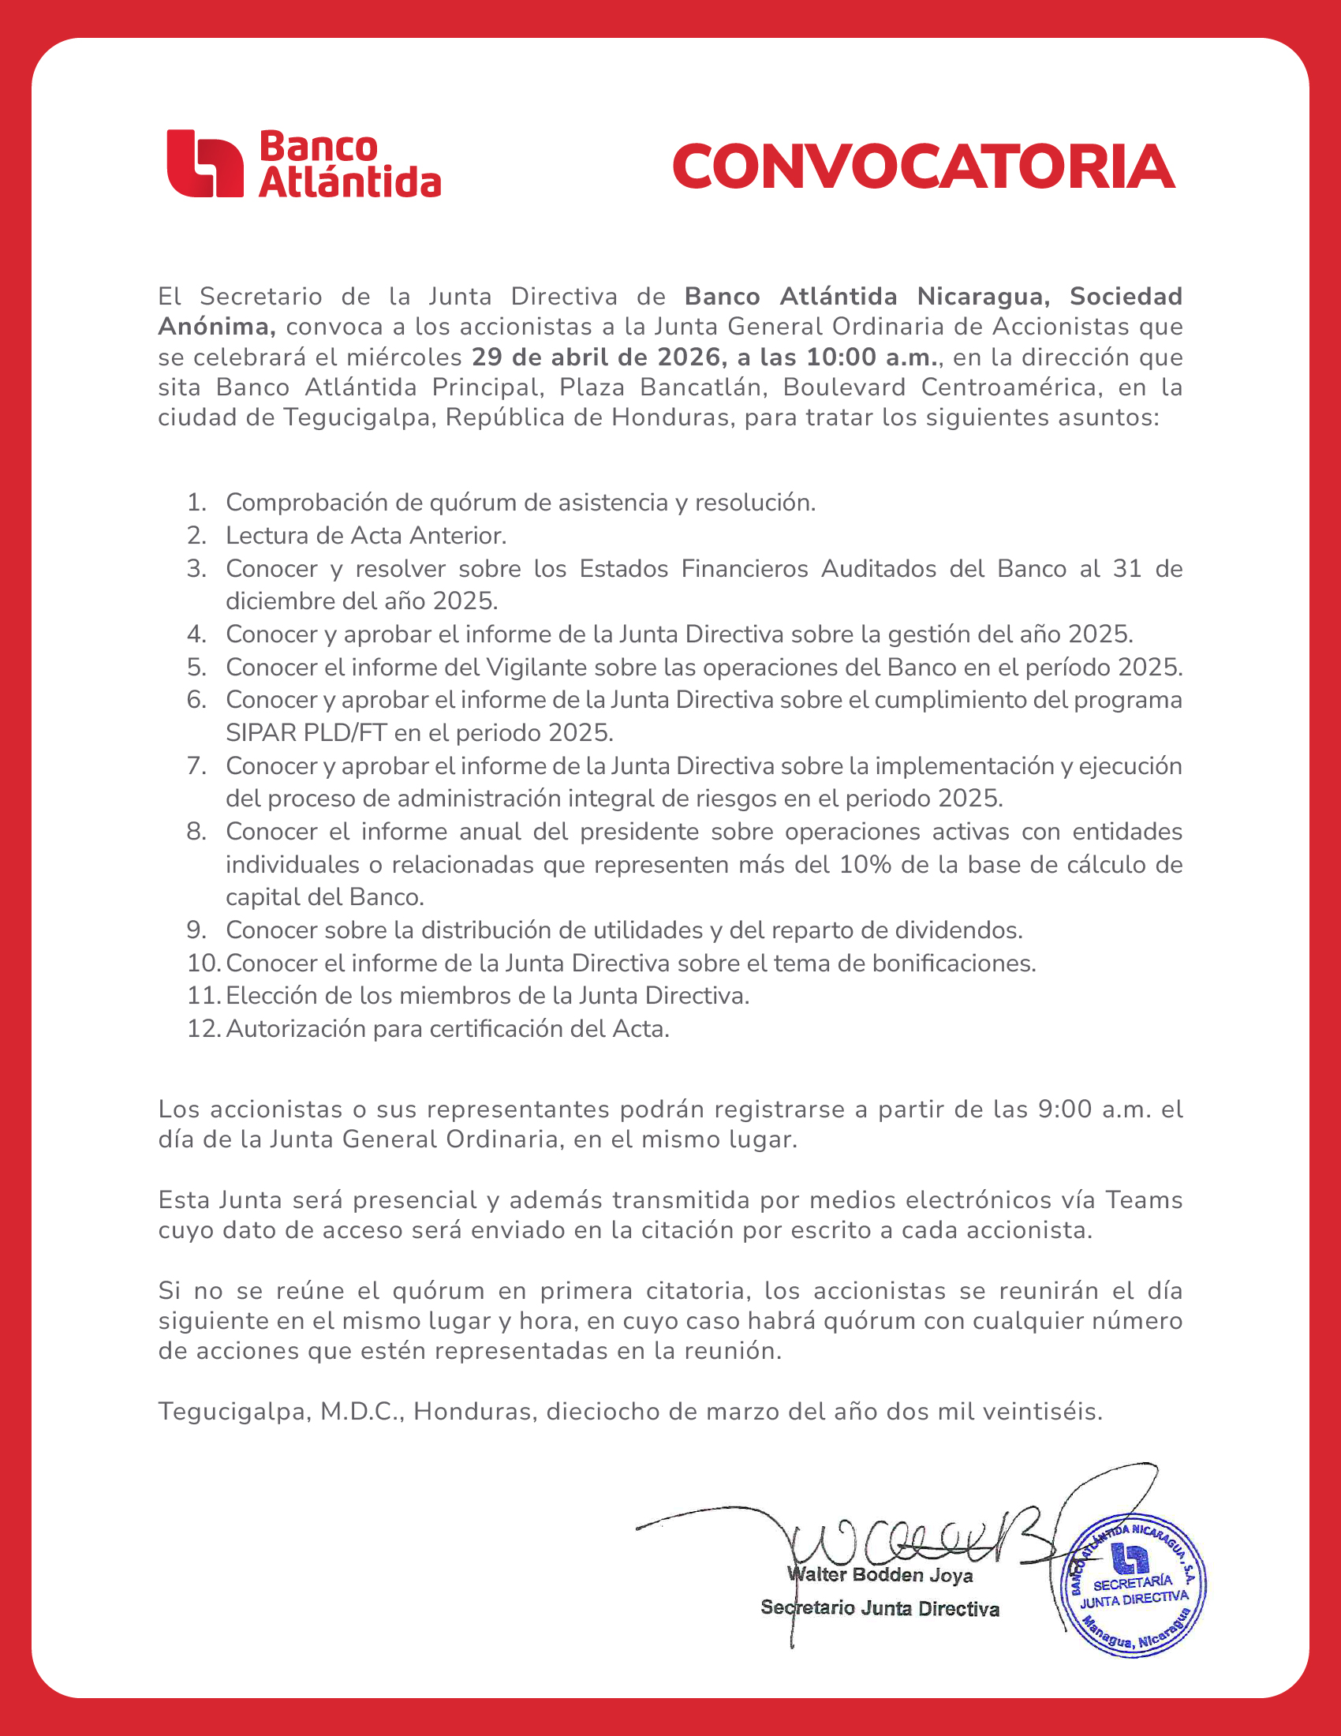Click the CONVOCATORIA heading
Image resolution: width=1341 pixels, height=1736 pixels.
(923, 166)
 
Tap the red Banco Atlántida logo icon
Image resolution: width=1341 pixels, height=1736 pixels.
(204, 163)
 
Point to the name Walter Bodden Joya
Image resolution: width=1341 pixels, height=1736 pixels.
(880, 1575)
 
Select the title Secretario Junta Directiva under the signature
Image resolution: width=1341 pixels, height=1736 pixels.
(880, 1609)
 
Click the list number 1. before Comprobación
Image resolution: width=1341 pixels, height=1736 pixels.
(196, 503)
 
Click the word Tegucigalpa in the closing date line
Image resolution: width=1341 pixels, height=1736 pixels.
(233, 1412)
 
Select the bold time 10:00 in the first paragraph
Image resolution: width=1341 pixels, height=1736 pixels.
(842, 357)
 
